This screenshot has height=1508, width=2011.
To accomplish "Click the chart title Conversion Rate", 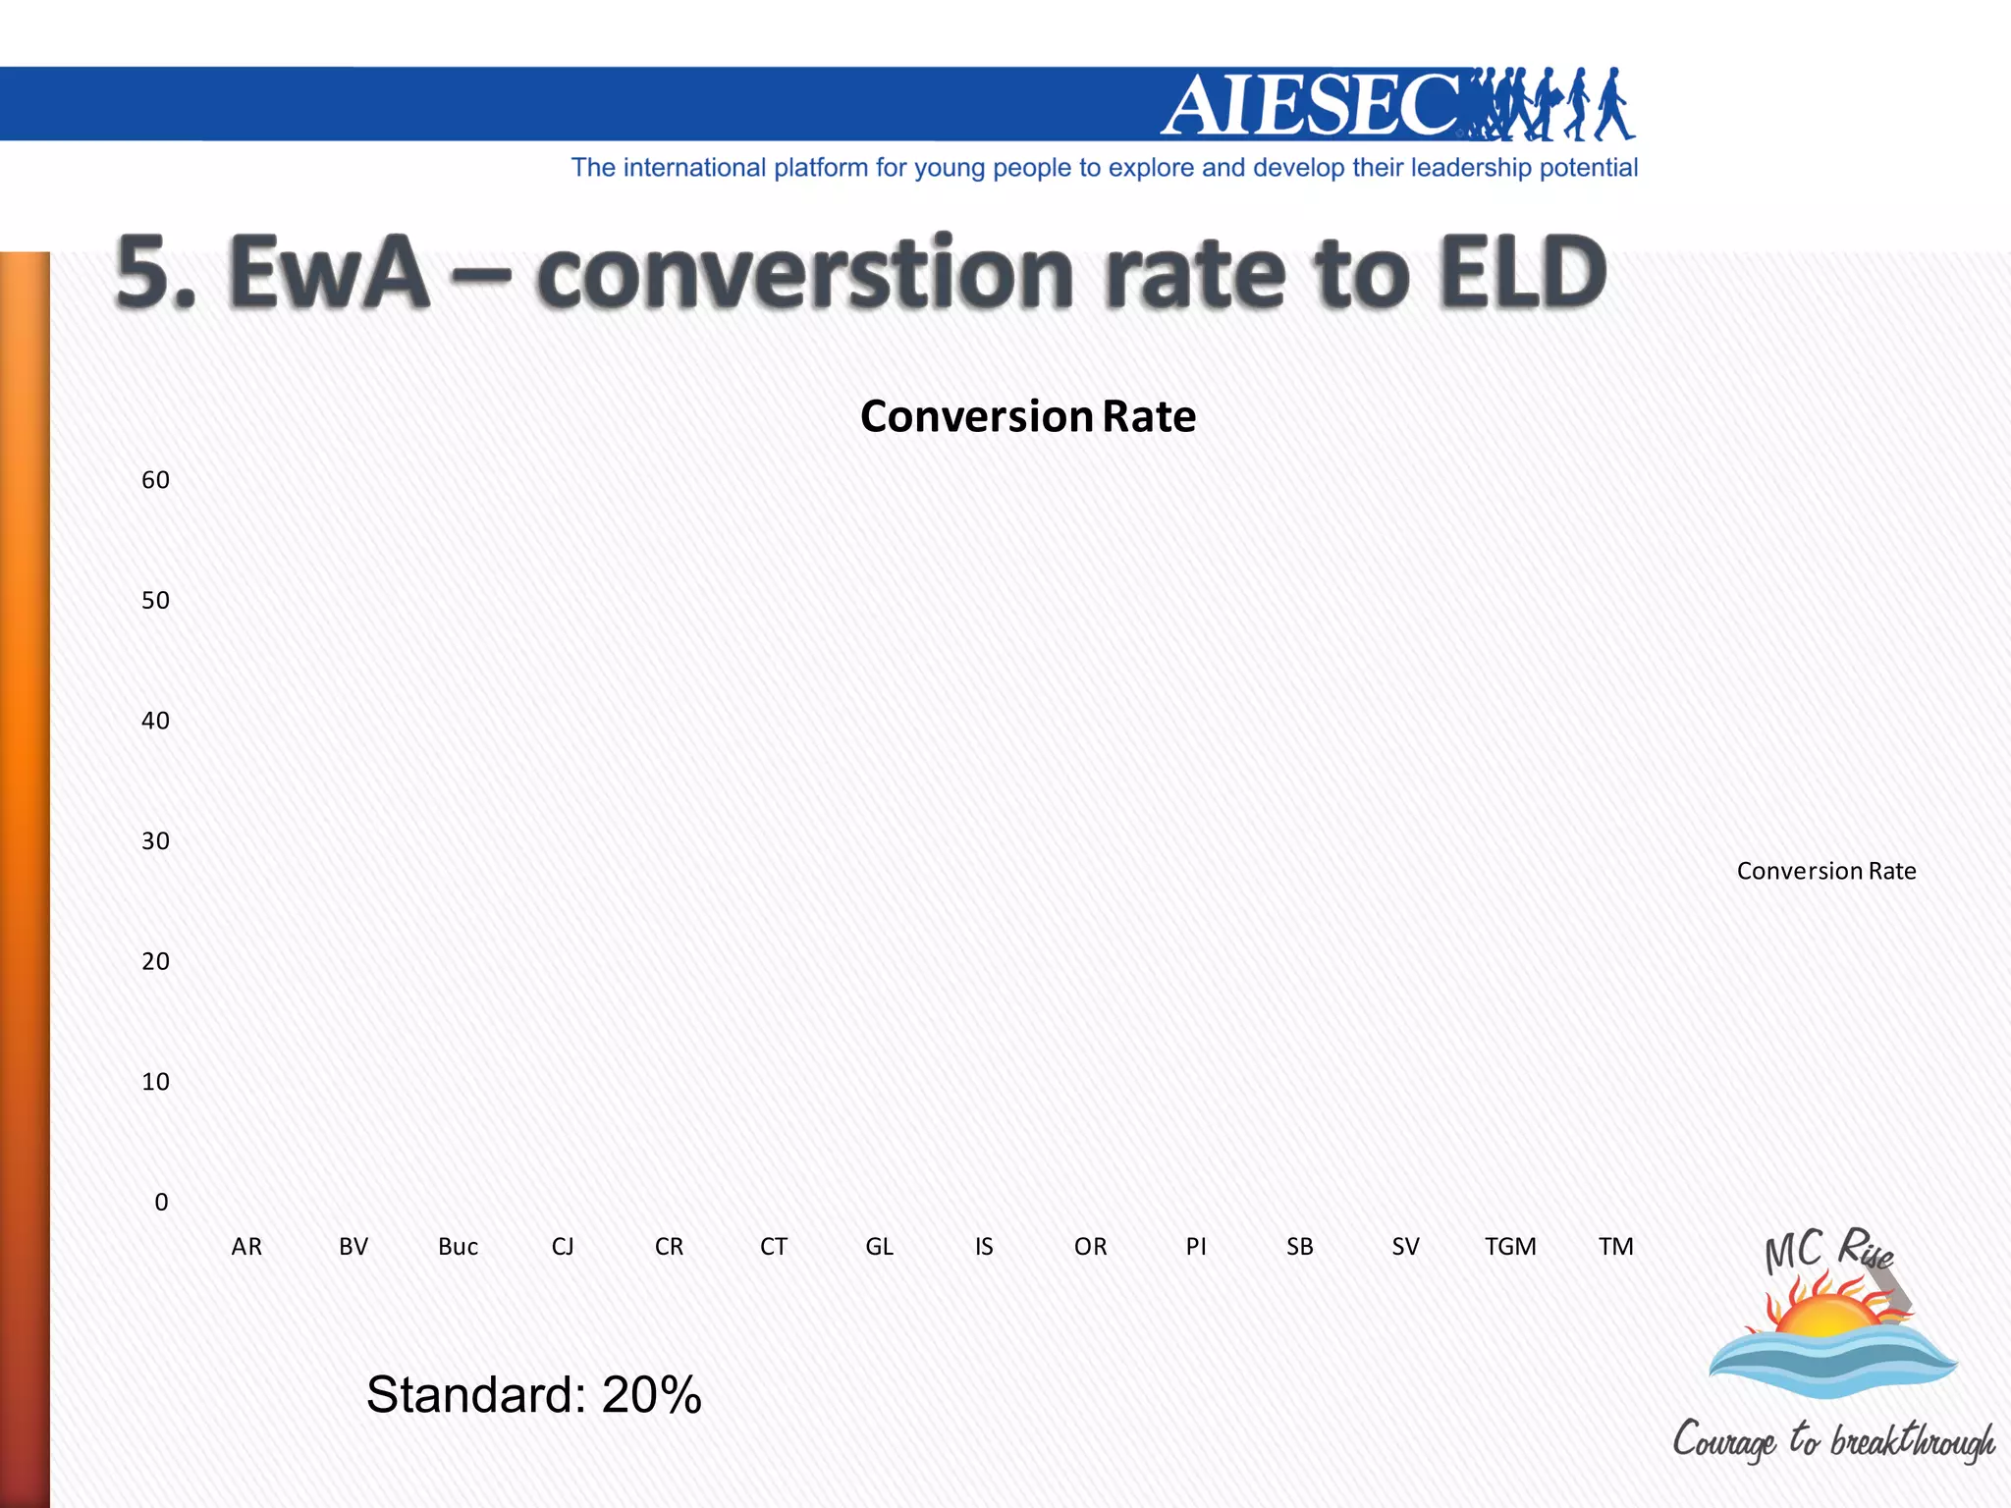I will [1027, 416].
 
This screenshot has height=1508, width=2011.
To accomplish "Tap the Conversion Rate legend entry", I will [1825, 871].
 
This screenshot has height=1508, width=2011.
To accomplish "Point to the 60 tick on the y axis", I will [155, 480].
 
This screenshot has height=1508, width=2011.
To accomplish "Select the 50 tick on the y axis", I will [155, 601].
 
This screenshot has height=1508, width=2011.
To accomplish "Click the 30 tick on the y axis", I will [155, 841].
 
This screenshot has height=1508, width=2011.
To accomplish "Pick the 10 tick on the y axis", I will [155, 1082].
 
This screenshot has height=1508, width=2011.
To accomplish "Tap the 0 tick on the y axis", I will [161, 1203].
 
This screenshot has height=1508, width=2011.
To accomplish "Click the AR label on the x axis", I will [246, 1247].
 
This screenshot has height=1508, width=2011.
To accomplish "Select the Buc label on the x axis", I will [458, 1247].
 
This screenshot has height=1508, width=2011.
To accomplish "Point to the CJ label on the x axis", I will [563, 1247].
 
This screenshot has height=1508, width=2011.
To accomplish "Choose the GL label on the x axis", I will [879, 1247].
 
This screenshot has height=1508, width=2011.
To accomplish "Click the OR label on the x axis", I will [1090, 1247].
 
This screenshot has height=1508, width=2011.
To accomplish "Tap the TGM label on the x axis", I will [1510, 1247].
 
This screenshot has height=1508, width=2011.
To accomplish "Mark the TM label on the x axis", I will [1615, 1247].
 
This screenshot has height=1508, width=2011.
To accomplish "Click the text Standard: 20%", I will [533, 1394].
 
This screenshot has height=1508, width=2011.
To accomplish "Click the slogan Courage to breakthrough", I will [1833, 1440].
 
